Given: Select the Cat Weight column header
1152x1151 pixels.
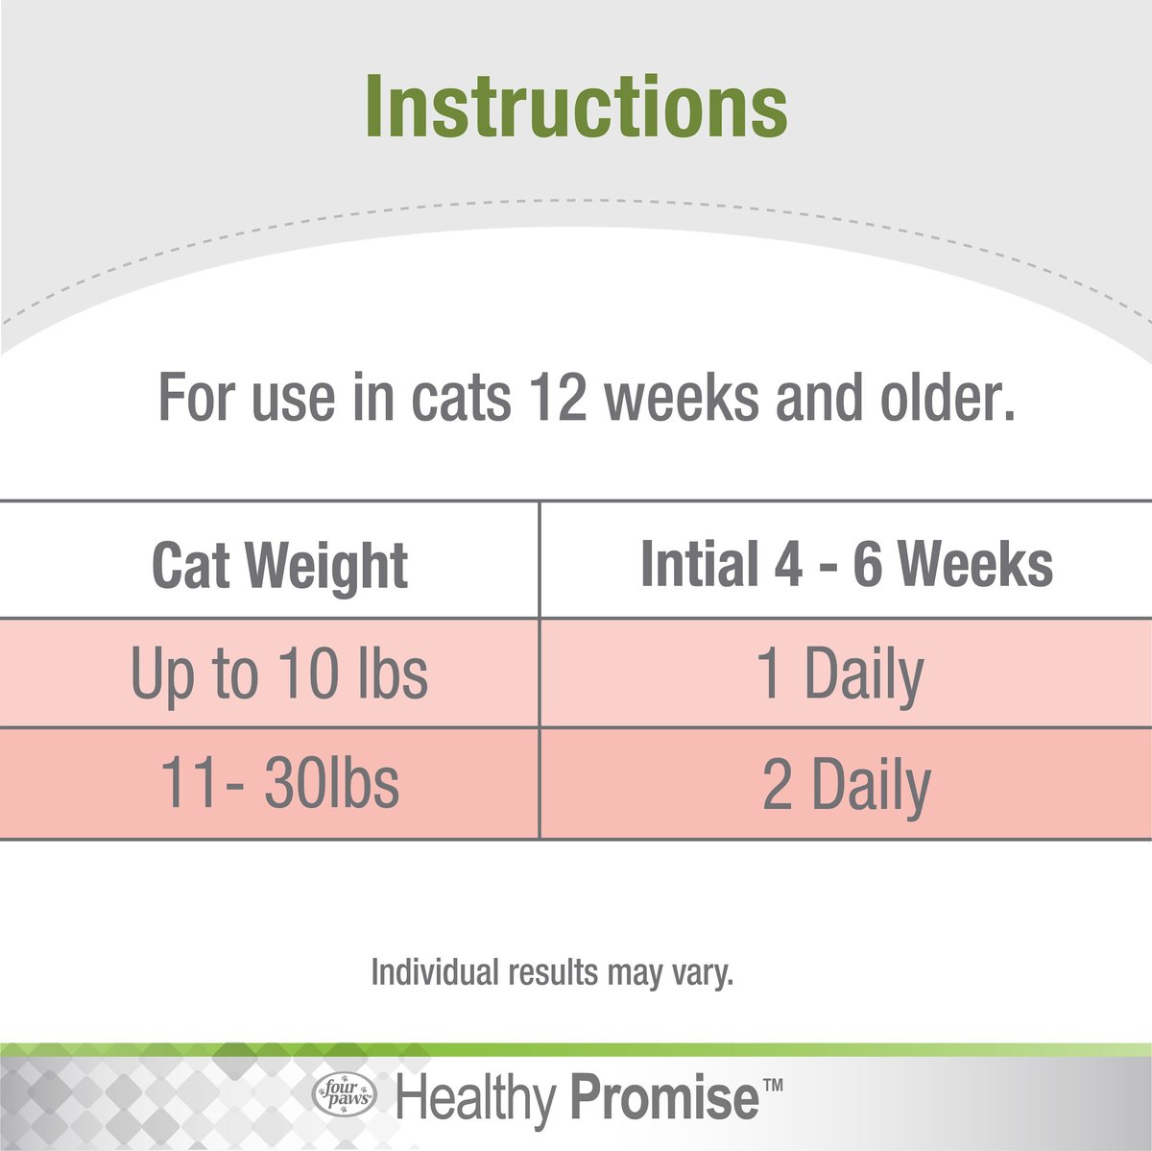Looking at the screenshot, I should (279, 565).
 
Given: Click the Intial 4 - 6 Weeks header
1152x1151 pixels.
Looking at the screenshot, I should (846, 564).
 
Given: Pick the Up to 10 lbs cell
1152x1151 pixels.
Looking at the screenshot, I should (278, 673).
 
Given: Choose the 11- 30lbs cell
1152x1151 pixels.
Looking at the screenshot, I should (278, 783).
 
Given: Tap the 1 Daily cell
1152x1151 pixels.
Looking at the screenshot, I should (841, 674).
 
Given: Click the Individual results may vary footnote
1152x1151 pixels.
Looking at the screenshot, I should (552, 972).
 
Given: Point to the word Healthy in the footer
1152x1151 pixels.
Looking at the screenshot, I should (476, 1098).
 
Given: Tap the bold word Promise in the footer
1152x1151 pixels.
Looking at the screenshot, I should (664, 1098).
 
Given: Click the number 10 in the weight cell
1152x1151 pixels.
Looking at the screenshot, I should (309, 673).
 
